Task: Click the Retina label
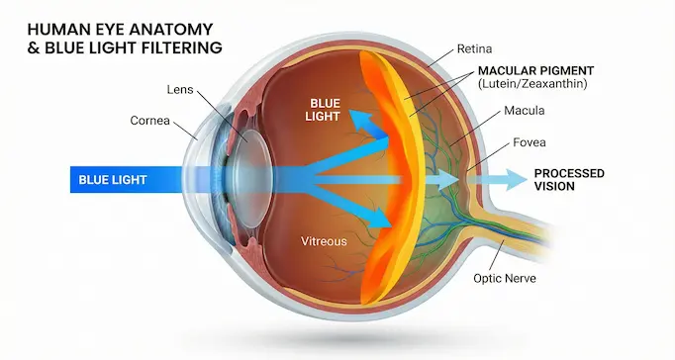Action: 476,47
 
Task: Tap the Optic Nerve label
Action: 506,278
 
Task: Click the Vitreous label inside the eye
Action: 327,240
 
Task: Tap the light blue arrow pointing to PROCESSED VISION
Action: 500,179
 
